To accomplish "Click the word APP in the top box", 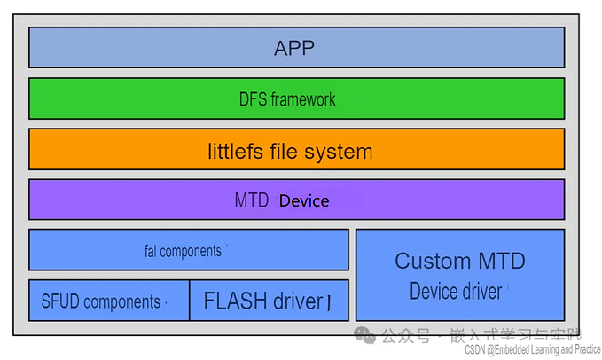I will point(295,48).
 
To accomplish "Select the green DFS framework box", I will point(296,98).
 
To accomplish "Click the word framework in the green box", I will point(304,99).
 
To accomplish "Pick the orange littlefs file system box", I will point(296,149).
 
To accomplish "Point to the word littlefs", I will point(237,152).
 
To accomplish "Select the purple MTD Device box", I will point(296,200).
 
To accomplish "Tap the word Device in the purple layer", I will point(304,201).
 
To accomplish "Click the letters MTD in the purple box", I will point(252,201).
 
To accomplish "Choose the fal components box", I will point(188,250).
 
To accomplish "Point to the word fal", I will point(150,251).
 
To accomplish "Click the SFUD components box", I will point(108,301).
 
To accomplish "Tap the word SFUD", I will point(61,302).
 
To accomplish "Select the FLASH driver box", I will point(269,301).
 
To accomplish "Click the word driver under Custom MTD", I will point(481,291).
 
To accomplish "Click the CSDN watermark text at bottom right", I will point(531,350).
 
